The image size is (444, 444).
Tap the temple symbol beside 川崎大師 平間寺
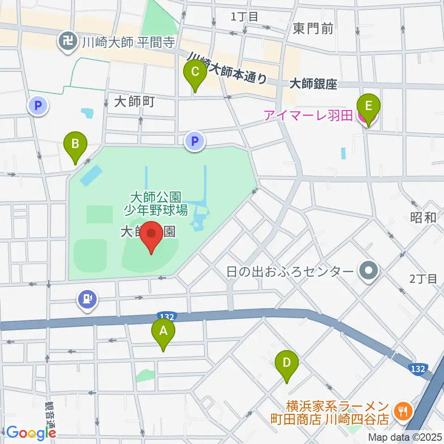click(x=68, y=43)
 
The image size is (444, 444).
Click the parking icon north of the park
click(x=195, y=141)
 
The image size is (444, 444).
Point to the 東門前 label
click(x=313, y=29)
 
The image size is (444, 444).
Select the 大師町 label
click(x=134, y=101)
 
